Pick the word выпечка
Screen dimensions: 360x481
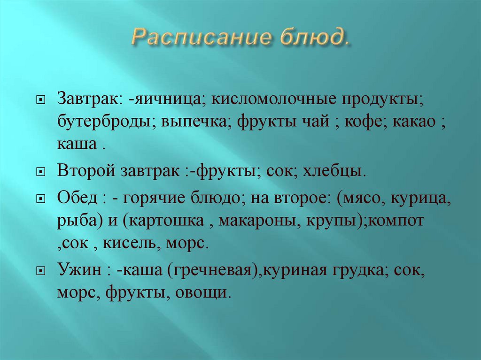click(196, 123)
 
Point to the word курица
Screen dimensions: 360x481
click(423, 198)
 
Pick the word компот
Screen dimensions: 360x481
click(396, 221)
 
